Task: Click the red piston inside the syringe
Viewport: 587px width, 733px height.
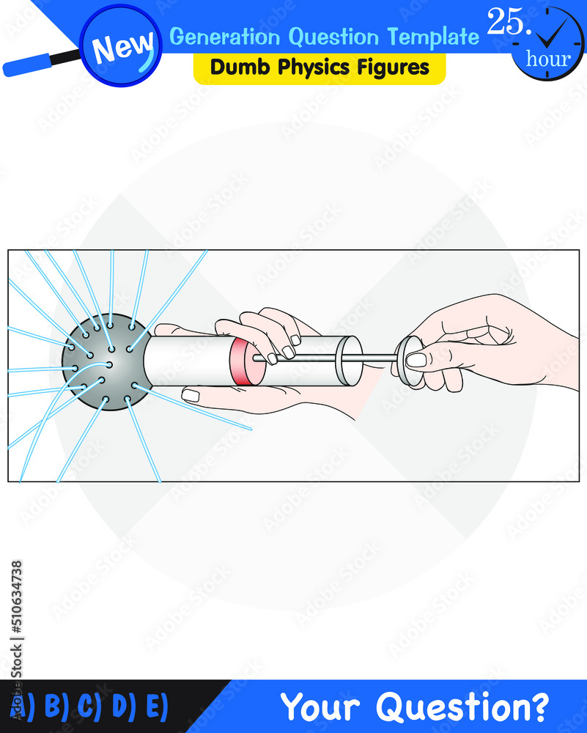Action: [245, 361]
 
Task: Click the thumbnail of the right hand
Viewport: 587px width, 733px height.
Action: [416, 360]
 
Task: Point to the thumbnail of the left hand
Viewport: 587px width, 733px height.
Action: [191, 396]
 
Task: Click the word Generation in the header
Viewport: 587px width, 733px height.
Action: [224, 36]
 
